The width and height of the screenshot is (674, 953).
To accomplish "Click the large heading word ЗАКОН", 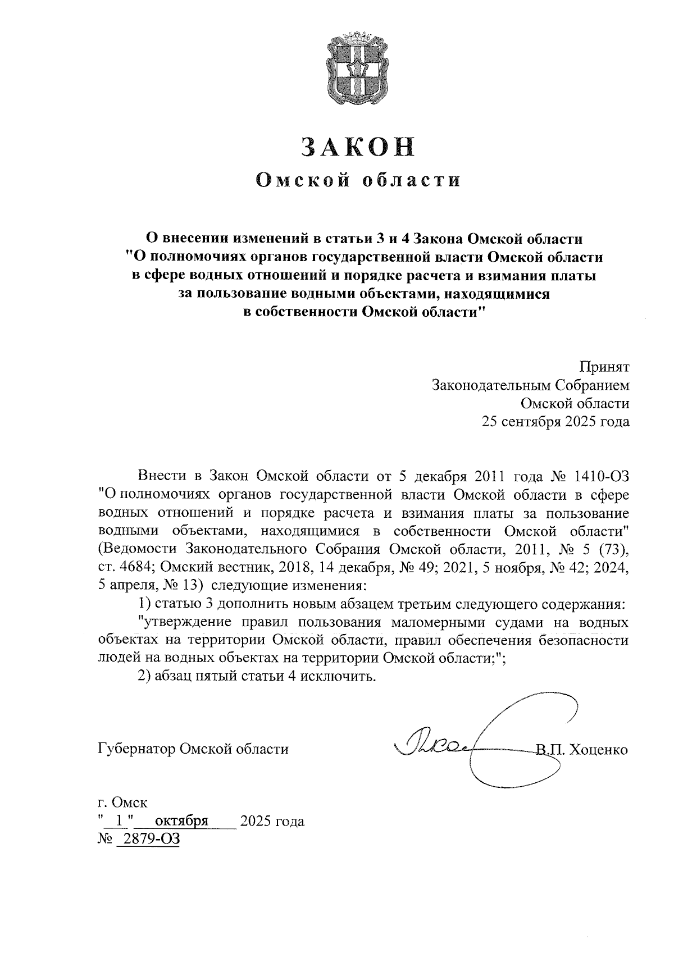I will point(359,147).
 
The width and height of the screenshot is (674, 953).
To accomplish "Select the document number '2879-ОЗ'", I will point(148,840).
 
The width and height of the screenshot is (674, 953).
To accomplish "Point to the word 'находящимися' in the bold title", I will point(498,293).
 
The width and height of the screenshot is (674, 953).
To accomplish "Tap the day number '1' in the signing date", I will point(117,822).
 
